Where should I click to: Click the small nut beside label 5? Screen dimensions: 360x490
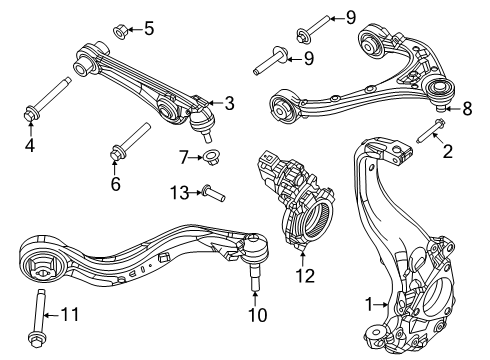pos(121,32)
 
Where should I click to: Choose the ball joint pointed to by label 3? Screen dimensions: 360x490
pos(204,120)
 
